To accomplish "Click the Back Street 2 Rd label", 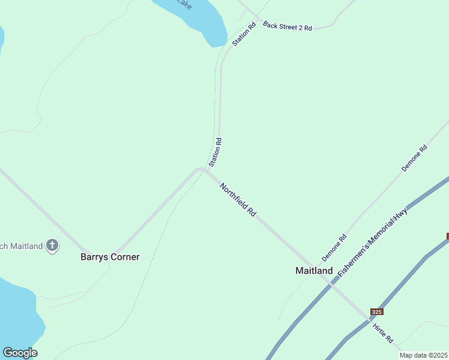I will (288, 27).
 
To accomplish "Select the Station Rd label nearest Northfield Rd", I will (215, 152).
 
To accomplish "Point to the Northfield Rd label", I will (238, 200).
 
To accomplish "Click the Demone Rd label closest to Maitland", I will (334, 247).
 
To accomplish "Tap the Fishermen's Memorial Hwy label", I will (373, 242).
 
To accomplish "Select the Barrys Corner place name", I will (110, 257).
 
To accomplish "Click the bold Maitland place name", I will (314, 271).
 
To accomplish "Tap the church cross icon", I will (53, 245).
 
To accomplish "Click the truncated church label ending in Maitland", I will (21, 246).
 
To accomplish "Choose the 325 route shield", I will (376, 311).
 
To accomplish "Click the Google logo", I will (20, 353).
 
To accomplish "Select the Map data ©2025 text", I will (424, 355).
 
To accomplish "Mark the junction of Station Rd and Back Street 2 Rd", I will (255, 16).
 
